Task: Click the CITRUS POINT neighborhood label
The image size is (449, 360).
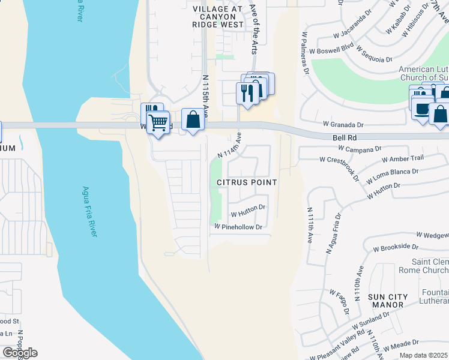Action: pos(247,182)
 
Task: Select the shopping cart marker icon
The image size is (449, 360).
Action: pos(158,122)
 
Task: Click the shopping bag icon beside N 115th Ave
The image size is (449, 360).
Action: pos(193,119)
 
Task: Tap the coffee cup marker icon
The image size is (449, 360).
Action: pos(422,109)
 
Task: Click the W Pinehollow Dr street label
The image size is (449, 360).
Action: pos(239,227)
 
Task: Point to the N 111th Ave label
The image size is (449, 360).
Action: pos(310,225)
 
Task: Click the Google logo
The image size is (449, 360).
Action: pos(19,353)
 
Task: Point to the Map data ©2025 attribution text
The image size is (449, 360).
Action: pos(424,355)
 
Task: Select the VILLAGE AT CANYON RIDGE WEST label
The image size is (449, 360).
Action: pos(218,17)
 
